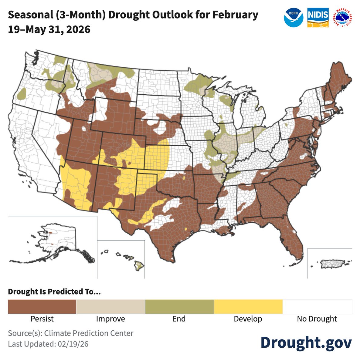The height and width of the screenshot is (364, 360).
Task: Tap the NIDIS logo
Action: tap(318, 18)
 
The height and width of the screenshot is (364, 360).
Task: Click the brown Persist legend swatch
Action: tap(42, 307)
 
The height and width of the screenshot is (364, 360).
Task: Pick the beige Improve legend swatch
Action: tap(110, 307)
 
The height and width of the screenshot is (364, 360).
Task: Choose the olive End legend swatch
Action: tap(179, 307)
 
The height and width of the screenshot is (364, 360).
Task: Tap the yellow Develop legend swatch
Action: tap(248, 307)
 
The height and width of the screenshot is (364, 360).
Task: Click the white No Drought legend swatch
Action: tap(317, 307)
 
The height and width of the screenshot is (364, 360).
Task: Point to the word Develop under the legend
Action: tap(248, 319)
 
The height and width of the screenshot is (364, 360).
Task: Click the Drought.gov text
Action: tap(306, 342)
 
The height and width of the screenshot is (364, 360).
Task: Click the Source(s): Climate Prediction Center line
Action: tap(70, 333)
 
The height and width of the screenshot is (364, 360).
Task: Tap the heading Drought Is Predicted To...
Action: tap(54, 292)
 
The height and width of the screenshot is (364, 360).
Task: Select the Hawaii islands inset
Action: tap(127, 259)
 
